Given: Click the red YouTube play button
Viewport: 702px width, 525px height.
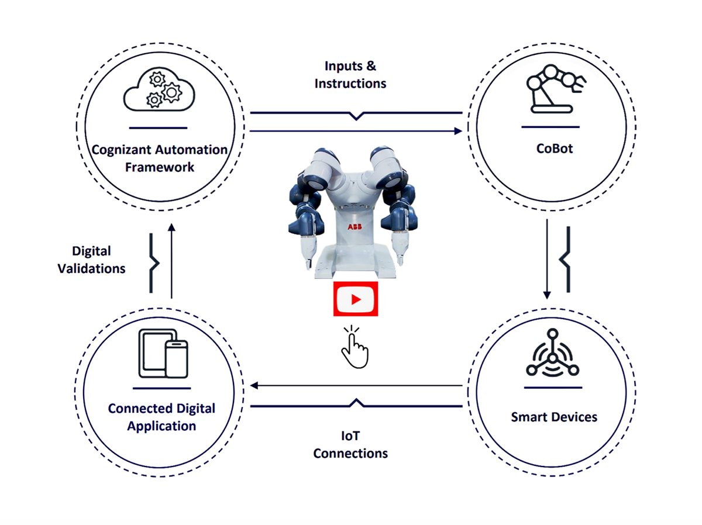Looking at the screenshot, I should (355, 299).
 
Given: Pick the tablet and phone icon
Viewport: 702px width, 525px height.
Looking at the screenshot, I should (163, 353).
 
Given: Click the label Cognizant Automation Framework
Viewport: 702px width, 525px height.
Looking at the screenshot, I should (159, 158).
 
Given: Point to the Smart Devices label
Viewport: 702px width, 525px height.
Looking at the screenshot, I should (554, 417).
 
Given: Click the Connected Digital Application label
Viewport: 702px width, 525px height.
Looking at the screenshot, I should (161, 417).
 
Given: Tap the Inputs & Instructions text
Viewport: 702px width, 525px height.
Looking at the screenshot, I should (350, 75).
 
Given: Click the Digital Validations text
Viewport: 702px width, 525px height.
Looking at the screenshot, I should (91, 260).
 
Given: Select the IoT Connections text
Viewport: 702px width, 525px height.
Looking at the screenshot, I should (350, 445).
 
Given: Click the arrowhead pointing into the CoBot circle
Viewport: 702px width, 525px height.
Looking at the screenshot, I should (457, 132).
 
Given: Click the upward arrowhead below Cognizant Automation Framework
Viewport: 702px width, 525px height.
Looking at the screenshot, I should (171, 227).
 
